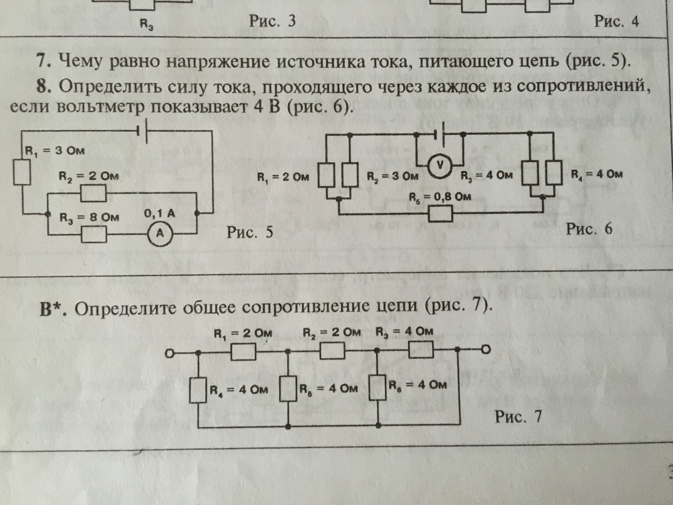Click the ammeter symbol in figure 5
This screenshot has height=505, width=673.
pyautogui.click(x=159, y=236)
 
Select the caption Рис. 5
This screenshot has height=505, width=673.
pyautogui.click(x=250, y=232)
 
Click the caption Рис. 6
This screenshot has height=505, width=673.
pyautogui.click(x=589, y=229)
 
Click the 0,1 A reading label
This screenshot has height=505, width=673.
pyautogui.click(x=160, y=214)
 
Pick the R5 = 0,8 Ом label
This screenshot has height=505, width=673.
pyautogui.click(x=439, y=196)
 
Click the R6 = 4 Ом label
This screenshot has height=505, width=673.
pyautogui.click(x=418, y=385)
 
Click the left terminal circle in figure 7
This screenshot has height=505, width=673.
pyautogui.click(x=169, y=353)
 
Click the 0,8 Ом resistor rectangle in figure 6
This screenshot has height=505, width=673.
pyautogui.click(x=440, y=214)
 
